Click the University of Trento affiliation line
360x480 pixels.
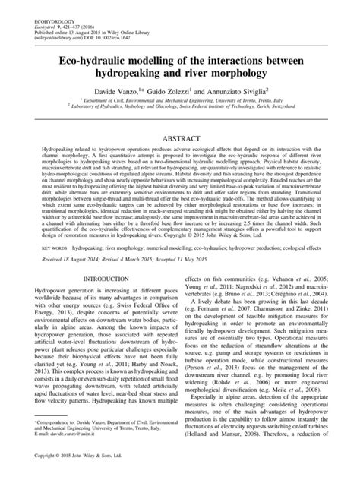tap(182, 101)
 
